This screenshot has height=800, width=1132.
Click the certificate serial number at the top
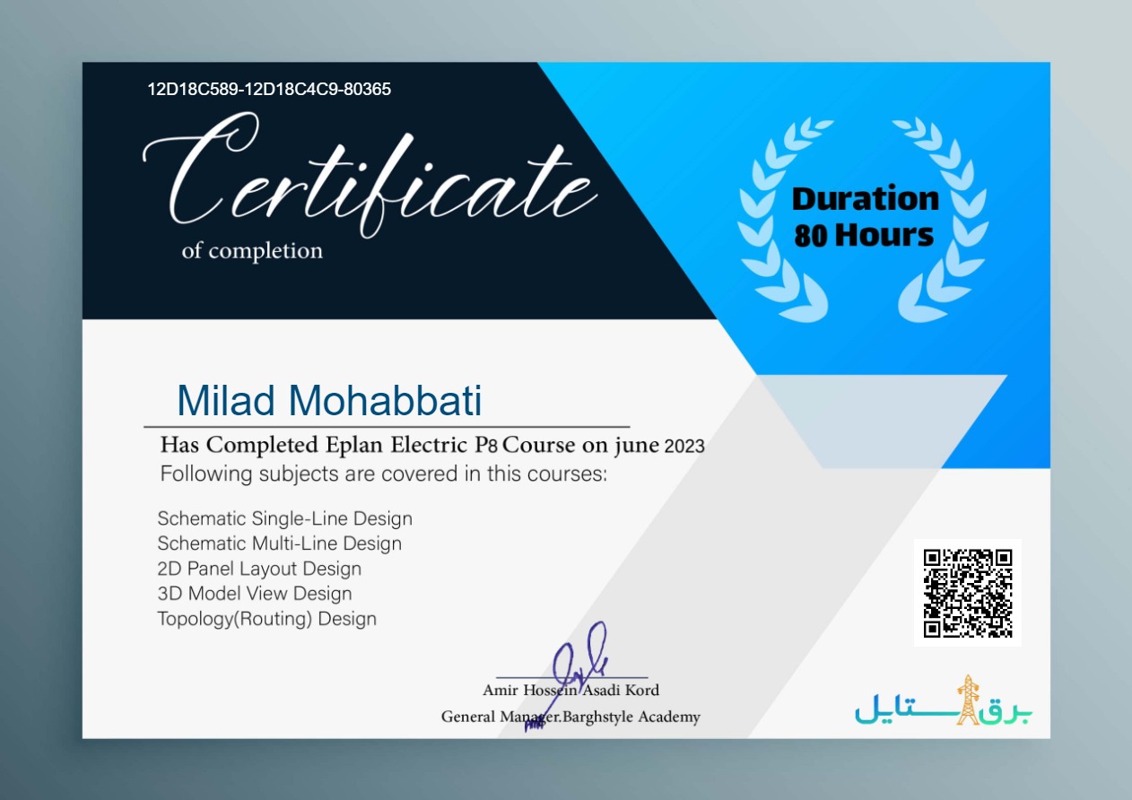click(269, 90)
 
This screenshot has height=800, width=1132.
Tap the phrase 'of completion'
click(252, 251)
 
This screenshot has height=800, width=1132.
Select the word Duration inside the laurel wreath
click(866, 198)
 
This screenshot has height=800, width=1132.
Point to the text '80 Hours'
click(864, 236)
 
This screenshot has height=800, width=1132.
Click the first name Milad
click(226, 400)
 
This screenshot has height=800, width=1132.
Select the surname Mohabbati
click(385, 400)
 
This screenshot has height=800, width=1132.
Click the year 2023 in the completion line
click(684, 447)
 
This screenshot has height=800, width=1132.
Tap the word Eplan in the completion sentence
click(353, 445)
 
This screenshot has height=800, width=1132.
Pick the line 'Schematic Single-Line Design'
click(285, 518)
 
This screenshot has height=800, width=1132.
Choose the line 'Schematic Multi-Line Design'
click(280, 543)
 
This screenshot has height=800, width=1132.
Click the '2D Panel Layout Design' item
click(259, 569)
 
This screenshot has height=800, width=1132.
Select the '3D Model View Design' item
click(255, 594)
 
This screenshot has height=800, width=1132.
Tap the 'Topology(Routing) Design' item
click(266, 619)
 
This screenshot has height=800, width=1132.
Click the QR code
click(968, 593)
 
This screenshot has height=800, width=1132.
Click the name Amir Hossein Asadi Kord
click(571, 691)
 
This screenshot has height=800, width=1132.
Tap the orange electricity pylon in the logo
click(968, 700)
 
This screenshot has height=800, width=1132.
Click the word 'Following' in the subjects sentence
click(206, 474)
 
